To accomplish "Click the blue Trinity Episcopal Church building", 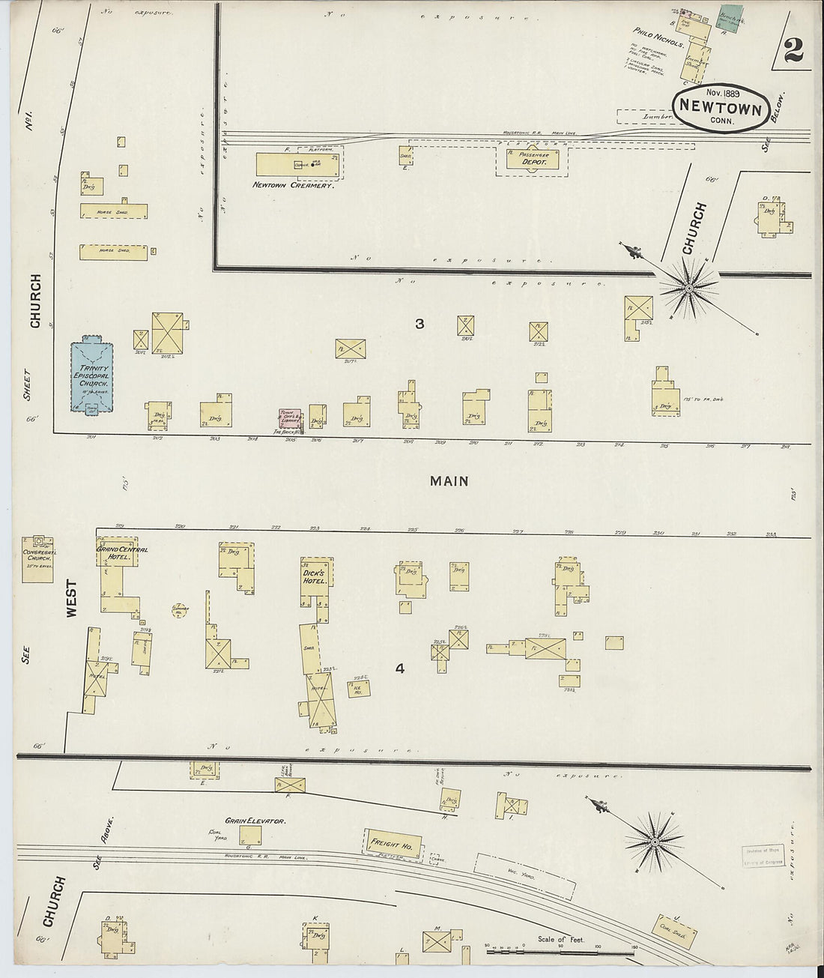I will coord(91,377).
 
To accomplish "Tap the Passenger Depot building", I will coord(531,160).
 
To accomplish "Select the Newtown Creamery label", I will coord(292,185).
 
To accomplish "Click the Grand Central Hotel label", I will coord(122,554).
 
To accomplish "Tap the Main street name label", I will coord(449,481).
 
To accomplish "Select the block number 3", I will coord(419,324).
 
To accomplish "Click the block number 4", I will coord(400,668).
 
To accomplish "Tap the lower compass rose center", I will coord(655,842).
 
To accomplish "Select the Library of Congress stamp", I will coord(763,856).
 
